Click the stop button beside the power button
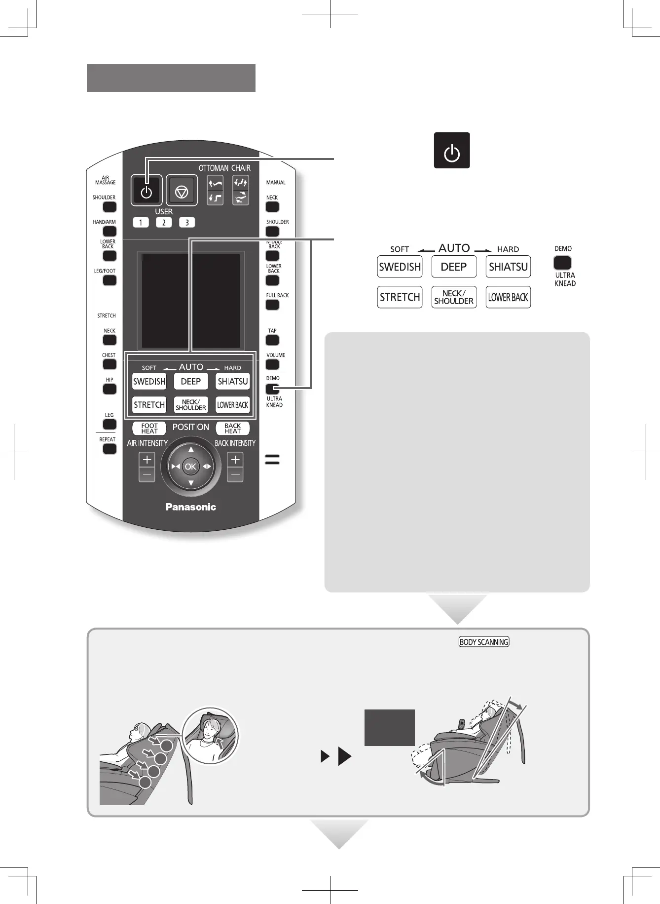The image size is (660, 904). [x=182, y=191]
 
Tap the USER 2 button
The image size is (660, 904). [x=164, y=222]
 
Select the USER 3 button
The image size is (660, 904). [x=187, y=222]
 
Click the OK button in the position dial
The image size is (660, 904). [x=190, y=467]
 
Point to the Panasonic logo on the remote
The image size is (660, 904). [x=190, y=507]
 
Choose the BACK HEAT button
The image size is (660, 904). [x=233, y=428]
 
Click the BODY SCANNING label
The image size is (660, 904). [x=483, y=642]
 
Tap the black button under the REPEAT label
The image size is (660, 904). [x=109, y=449]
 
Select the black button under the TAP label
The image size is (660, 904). [x=272, y=340]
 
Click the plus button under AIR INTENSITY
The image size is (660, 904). [x=147, y=460]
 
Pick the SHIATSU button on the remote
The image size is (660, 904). [x=233, y=382]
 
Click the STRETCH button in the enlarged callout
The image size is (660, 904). [x=400, y=297]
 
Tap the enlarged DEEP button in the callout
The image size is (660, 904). [x=454, y=267]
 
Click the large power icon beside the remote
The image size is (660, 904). [x=452, y=151]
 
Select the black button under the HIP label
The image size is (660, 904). [x=110, y=389]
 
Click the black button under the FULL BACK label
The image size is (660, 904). [x=272, y=305]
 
